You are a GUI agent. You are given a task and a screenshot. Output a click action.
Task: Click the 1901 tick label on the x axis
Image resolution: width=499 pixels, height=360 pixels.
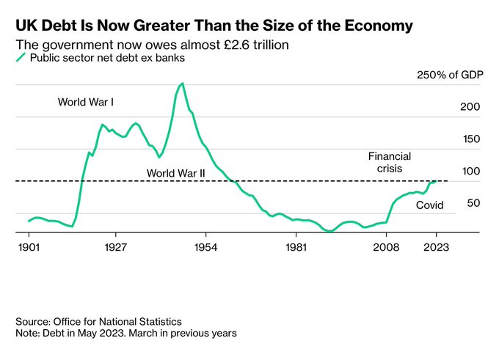point(29,247)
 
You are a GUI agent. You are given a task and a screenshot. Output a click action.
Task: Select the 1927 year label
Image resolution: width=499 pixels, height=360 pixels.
point(117,247)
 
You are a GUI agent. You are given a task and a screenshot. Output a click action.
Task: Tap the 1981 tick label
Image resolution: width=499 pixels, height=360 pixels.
point(296,247)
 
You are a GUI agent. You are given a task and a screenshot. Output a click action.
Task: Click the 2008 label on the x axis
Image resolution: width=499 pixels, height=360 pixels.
point(387,247)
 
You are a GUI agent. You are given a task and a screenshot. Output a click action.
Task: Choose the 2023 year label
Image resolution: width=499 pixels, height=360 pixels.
point(437,247)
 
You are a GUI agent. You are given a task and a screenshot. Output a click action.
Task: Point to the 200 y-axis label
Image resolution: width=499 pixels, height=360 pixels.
point(470,107)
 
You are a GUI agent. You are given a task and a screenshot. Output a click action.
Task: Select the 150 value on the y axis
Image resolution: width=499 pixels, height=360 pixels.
point(470,139)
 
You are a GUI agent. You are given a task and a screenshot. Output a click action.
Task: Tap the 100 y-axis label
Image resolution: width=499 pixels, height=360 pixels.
point(470,171)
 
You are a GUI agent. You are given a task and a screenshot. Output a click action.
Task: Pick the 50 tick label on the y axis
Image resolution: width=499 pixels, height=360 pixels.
point(473,202)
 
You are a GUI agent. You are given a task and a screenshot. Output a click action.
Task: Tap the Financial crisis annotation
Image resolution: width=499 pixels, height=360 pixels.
point(390,162)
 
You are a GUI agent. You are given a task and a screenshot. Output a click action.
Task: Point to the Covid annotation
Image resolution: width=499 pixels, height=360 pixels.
point(430,205)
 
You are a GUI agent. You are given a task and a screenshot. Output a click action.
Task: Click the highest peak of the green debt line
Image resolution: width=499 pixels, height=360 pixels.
point(183,84)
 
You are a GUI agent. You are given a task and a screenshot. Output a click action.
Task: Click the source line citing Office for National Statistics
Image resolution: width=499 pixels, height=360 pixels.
point(98,322)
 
